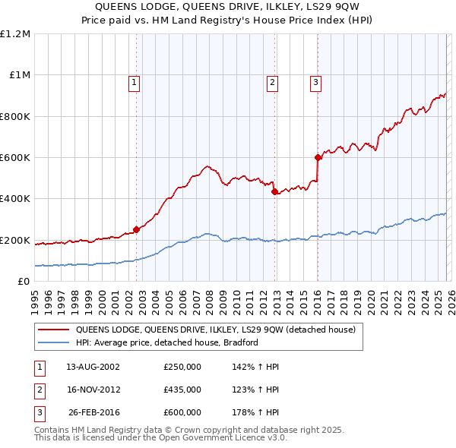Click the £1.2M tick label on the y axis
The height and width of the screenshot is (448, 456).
point(15,34)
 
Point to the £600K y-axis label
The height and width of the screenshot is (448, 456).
point(15,158)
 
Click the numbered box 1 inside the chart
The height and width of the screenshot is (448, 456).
point(134,83)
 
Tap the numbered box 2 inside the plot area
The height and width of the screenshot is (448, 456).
point(271,83)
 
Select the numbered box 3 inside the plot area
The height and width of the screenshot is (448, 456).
point(315,83)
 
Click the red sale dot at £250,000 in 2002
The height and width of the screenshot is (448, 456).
point(137,229)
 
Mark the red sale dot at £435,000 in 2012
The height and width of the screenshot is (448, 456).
point(274,192)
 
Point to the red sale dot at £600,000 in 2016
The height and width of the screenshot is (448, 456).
point(318,158)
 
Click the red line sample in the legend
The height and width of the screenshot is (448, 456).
point(53,330)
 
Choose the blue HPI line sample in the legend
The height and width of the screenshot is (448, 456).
point(53,342)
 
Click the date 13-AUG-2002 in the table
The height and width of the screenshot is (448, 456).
point(93,366)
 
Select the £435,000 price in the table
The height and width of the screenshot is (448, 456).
point(182,390)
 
